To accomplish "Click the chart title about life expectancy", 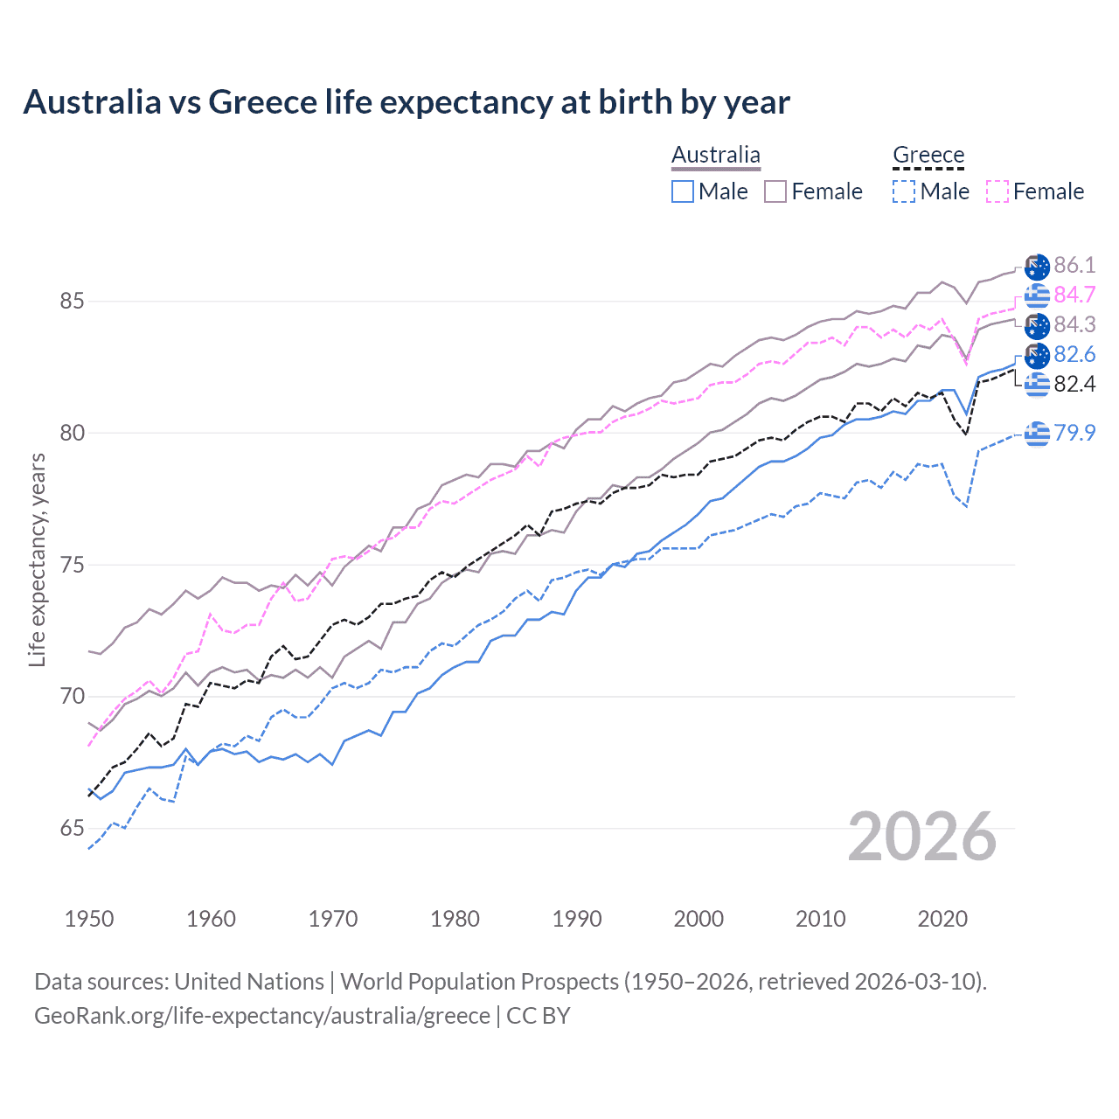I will click(407, 102).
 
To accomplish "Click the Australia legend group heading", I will click(716, 155).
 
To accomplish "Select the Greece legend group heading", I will click(928, 155).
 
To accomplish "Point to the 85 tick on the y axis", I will click(72, 302).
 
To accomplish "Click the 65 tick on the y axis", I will click(72, 828).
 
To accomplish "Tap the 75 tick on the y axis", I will click(72, 565).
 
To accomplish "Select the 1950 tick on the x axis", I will click(89, 919).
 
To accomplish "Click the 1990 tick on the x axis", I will click(577, 919).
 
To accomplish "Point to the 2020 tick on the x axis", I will click(942, 919).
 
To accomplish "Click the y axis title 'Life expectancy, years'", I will click(37, 559).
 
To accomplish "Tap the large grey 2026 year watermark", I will click(922, 837).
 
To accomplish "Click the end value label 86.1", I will click(1074, 266).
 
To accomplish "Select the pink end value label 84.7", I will click(1074, 295).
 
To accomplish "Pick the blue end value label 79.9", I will click(1074, 433).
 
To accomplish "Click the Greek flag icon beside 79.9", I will click(1037, 433).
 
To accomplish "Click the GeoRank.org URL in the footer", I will click(262, 1016).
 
